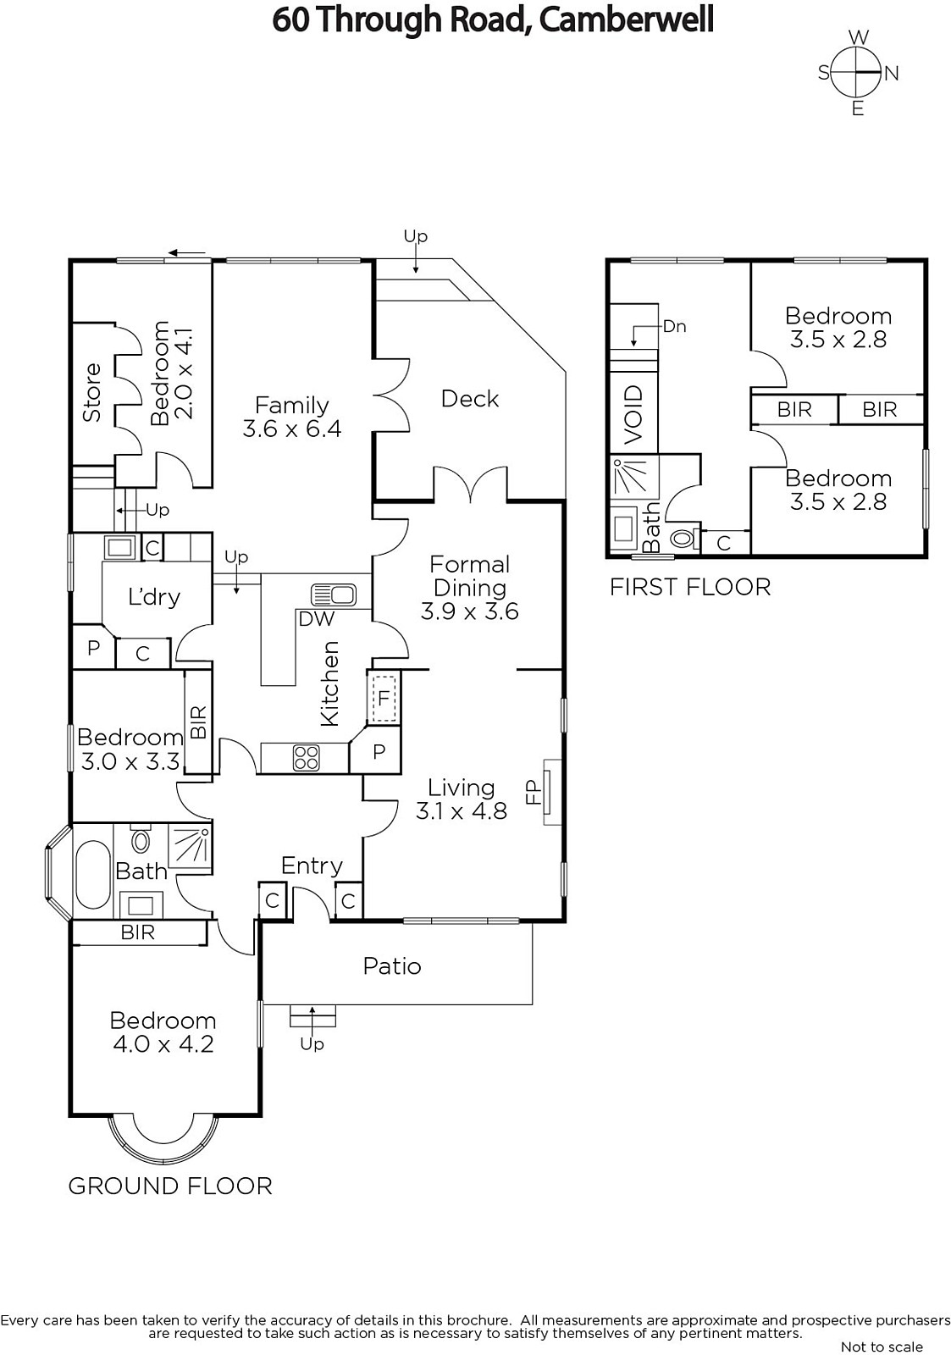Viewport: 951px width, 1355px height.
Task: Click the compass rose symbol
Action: point(857,73)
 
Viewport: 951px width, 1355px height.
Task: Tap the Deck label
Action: point(469,399)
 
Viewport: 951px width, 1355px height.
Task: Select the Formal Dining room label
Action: point(469,576)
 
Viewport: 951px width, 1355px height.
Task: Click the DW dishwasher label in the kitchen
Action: point(317,619)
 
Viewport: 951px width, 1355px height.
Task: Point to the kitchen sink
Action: point(334,595)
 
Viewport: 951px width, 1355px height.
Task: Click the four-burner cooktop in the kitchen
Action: point(306,757)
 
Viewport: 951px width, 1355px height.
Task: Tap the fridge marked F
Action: point(383,699)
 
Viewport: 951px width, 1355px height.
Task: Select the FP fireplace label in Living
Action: point(533,792)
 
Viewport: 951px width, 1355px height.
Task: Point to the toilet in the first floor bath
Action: point(683,537)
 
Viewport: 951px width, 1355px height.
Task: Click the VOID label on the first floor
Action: point(633,415)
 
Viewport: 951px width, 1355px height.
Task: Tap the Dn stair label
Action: point(674,327)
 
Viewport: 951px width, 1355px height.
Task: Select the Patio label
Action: point(392,966)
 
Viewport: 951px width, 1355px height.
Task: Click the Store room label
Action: point(92,392)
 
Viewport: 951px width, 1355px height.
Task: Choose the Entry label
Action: point(312,866)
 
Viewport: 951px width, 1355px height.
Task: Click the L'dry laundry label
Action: point(154,597)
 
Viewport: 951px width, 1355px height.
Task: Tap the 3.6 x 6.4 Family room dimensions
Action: point(291,429)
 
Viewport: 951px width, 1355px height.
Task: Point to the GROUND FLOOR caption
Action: point(170,1186)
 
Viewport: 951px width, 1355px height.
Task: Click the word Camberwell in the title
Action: point(626,20)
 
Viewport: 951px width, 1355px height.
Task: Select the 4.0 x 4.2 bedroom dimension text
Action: point(163,1045)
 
